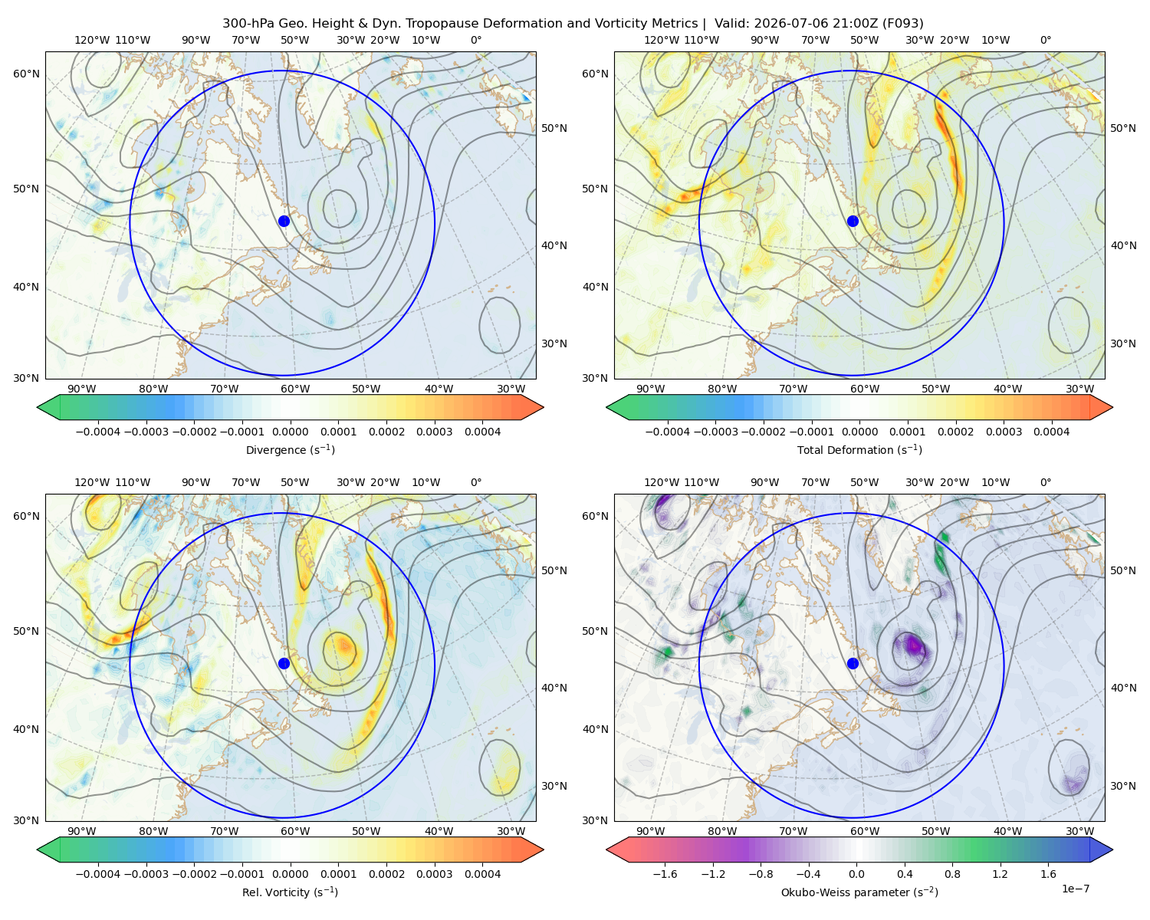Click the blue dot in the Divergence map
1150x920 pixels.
pos(284,221)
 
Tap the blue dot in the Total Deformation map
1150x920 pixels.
pos(853,221)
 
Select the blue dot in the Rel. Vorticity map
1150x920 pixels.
pos(284,663)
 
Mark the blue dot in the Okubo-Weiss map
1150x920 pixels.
pos(853,663)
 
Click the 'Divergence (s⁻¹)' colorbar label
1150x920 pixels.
pos(290,449)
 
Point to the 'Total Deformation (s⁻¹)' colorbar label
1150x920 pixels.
pos(859,449)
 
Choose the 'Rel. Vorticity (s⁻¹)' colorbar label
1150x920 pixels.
pos(290,892)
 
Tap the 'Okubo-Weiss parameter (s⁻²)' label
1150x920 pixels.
pos(859,892)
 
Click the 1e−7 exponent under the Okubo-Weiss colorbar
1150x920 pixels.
pos(1075,889)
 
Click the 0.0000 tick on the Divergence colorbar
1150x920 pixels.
pos(290,432)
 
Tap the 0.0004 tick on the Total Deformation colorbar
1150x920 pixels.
pos(1051,432)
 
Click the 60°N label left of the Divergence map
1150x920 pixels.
pos(26,74)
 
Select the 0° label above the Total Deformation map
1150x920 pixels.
pos(1045,40)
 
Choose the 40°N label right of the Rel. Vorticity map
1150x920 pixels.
pos(554,688)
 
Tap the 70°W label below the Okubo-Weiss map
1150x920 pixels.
pos(793,831)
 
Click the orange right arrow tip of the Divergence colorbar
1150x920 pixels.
pos(543,407)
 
